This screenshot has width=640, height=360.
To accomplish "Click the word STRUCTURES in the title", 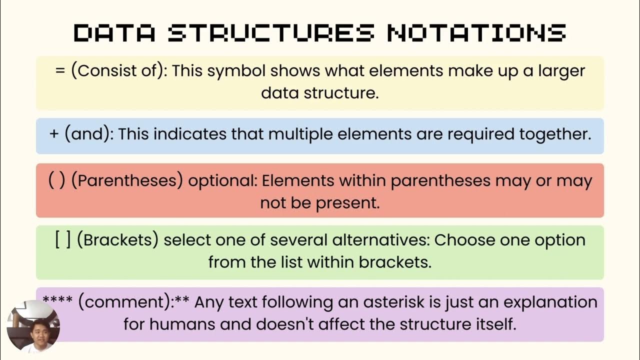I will pos(270,33).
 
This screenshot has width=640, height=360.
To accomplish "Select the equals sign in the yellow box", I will pos(60,71).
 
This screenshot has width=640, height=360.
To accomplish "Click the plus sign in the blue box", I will pos(54,134).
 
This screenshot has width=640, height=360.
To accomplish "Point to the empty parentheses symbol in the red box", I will pos(57,180).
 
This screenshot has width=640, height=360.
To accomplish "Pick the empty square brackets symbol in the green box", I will pos(63,240).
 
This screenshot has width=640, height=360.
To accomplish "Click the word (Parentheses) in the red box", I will pos(127,180).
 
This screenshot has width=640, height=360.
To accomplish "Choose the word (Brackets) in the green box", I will pos(118,240).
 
